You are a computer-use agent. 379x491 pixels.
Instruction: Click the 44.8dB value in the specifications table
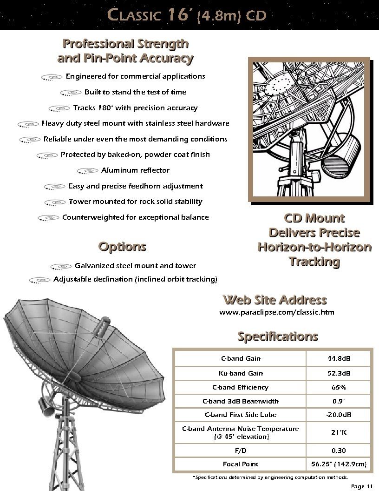(x=339, y=358)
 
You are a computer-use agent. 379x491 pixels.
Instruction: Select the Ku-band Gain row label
(x=241, y=373)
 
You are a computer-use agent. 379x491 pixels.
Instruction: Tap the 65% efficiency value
(x=339, y=387)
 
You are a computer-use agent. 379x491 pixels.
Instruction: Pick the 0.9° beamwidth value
(x=339, y=401)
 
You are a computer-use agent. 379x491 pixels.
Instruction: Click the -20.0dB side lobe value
(x=339, y=415)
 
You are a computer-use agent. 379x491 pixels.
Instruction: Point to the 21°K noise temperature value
(x=339, y=432)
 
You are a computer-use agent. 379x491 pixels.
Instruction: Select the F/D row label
(x=241, y=451)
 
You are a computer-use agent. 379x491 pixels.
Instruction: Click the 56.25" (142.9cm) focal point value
(x=339, y=464)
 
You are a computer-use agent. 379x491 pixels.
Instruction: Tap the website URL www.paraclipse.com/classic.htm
(x=276, y=312)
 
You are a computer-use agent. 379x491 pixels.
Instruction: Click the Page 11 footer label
(x=362, y=486)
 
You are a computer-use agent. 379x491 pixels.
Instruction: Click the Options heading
(x=122, y=247)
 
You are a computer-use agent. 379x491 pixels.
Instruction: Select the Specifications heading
(x=278, y=336)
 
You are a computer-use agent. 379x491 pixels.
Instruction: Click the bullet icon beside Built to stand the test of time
(x=71, y=93)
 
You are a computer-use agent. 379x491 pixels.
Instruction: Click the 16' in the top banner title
(x=178, y=15)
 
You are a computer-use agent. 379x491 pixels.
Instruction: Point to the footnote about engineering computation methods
(x=270, y=478)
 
